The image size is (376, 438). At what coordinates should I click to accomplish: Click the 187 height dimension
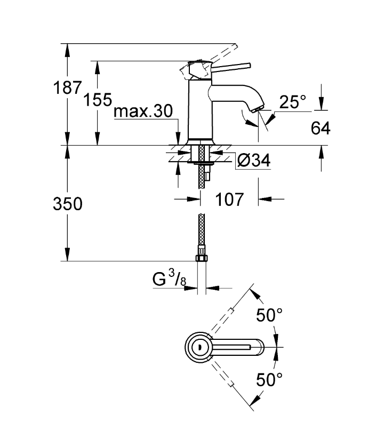[x=67, y=87]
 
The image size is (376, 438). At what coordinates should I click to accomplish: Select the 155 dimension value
[x=98, y=99]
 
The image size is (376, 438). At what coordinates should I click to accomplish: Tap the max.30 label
[x=143, y=111]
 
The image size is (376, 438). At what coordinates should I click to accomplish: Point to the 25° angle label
[x=292, y=102]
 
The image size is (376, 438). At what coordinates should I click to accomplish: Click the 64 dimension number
[x=321, y=128]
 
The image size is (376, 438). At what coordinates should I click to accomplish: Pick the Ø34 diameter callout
[x=254, y=161]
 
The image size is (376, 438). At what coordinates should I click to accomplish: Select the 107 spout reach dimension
[x=229, y=200]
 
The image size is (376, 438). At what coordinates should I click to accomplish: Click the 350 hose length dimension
[x=68, y=204]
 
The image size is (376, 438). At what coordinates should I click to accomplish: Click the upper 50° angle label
[x=269, y=315]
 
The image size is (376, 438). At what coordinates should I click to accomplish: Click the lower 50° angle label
[x=269, y=379]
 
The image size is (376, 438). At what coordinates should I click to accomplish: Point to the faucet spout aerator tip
[x=258, y=109]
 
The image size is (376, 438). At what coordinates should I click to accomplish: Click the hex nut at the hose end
[x=201, y=257]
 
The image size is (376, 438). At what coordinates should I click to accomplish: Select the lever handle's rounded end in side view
[x=248, y=66]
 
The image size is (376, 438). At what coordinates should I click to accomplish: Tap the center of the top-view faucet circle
[x=199, y=347]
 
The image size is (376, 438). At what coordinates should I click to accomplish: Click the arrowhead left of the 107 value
[x=194, y=200]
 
